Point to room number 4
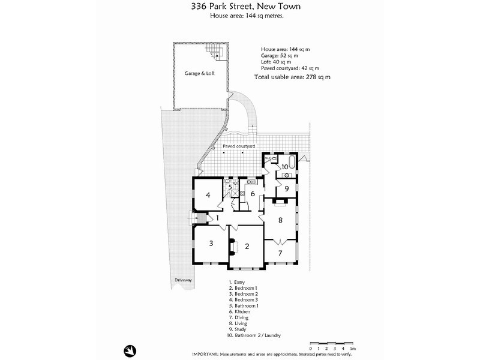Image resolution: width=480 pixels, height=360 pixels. [x=208, y=194]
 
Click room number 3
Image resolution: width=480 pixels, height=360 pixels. [x=211, y=243]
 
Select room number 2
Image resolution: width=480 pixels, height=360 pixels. [x=247, y=246]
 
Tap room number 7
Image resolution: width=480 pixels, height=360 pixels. [x=280, y=253]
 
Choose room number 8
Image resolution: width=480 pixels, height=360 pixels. [x=280, y=220]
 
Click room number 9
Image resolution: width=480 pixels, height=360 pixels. [x=287, y=188]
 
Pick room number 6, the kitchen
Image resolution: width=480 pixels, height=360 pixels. [x=253, y=193]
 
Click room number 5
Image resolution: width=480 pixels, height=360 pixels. [x=230, y=187]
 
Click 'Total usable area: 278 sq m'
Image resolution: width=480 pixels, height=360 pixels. [x=292, y=77]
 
